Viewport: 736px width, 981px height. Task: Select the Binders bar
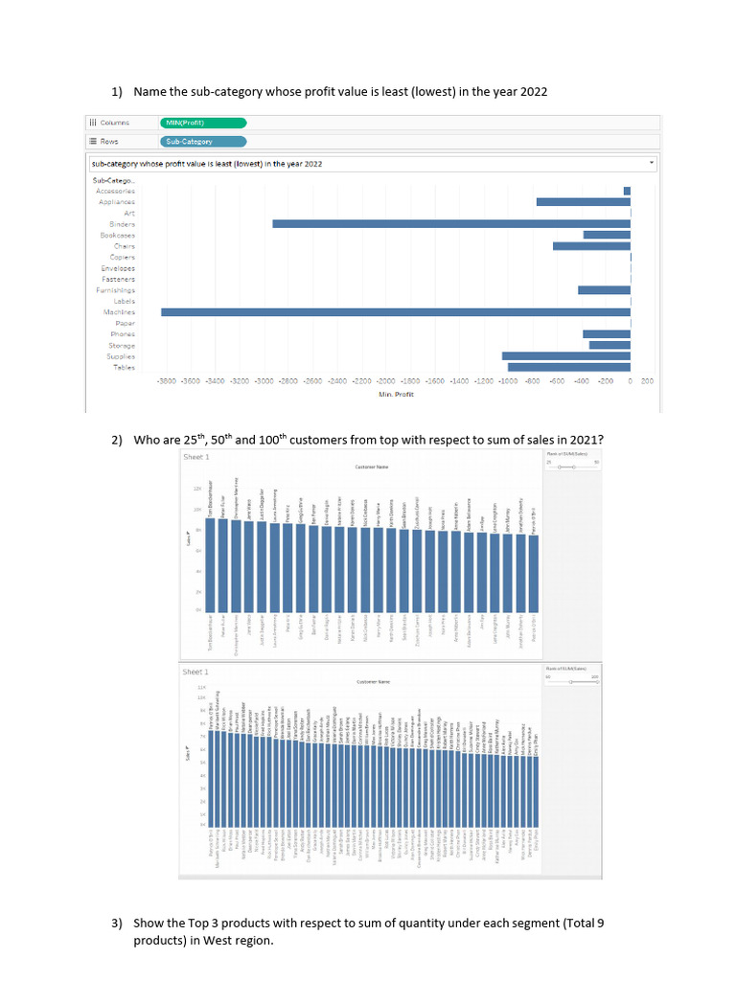click(450, 224)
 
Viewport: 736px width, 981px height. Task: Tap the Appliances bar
click(583, 202)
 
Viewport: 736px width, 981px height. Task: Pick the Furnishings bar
click(604, 290)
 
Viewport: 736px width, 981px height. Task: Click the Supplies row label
click(121, 356)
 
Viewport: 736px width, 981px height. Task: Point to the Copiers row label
click(123, 257)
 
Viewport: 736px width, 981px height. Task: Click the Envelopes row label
click(118, 268)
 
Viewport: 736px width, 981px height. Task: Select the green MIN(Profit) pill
click(204, 123)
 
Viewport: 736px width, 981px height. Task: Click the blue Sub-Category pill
click(204, 142)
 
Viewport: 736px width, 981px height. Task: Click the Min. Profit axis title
click(397, 394)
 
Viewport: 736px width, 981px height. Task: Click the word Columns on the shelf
click(116, 123)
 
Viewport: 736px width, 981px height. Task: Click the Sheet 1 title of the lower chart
click(195, 673)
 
